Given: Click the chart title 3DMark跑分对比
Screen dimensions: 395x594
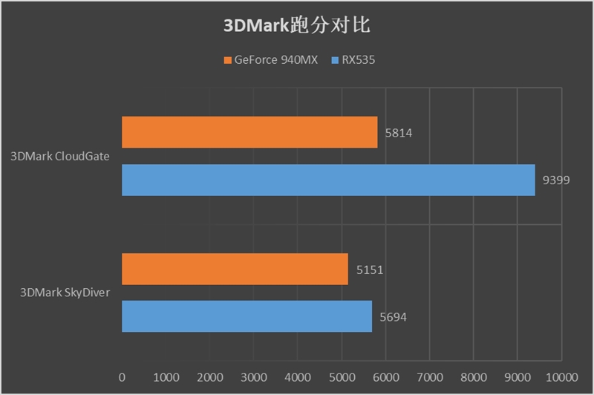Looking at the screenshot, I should click(x=296, y=25).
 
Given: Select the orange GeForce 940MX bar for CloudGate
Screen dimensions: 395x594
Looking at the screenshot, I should click(x=249, y=132).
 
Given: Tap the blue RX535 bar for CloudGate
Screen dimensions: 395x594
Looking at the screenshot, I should click(x=328, y=180).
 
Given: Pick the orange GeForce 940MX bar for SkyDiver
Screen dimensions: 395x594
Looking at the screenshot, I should click(x=235, y=269).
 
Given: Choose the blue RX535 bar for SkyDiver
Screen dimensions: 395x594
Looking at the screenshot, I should click(x=247, y=316).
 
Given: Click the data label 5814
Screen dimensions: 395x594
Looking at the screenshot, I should click(x=399, y=134).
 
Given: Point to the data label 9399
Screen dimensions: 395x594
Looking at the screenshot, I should click(x=556, y=180).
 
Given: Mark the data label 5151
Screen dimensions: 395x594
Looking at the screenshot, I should click(x=369, y=270).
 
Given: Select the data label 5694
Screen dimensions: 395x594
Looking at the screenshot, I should click(x=393, y=317).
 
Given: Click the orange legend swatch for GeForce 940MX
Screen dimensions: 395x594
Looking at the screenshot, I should click(x=226, y=60).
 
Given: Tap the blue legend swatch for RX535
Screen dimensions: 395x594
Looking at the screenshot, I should click(x=335, y=60).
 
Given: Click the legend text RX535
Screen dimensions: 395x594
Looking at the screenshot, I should click(x=359, y=60).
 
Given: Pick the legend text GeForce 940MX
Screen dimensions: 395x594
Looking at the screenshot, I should click(x=275, y=60).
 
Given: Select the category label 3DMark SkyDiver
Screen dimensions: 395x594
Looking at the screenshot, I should click(x=65, y=293).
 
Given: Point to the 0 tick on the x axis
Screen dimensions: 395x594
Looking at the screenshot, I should click(x=122, y=377).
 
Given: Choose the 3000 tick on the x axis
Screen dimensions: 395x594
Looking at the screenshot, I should click(x=254, y=377).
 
